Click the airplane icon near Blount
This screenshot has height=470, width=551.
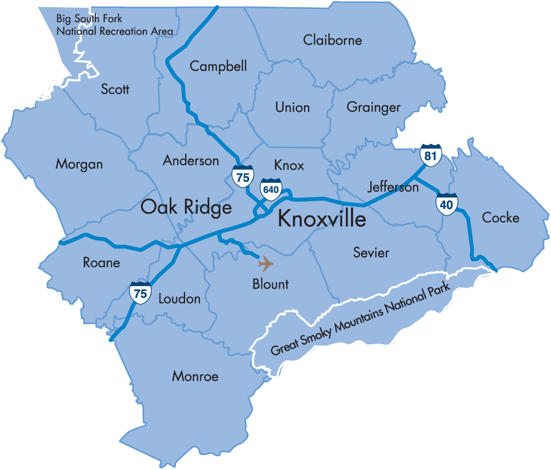click(266, 264)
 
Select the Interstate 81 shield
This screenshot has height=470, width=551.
click(430, 155)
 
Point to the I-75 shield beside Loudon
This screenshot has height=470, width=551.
click(141, 293)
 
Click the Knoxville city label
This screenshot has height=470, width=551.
click(322, 219)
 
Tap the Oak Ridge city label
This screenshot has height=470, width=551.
click(186, 207)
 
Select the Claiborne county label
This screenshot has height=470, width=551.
click(332, 40)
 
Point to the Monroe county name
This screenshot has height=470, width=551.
click(195, 376)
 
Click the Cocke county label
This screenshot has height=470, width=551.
click(500, 218)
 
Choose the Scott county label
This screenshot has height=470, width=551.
click(115, 89)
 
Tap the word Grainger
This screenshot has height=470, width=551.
click(374, 107)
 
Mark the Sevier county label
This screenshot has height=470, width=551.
click(371, 253)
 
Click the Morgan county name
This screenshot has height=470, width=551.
click(79, 164)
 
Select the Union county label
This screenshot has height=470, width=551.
click(293, 107)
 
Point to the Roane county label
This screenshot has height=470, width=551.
click(101, 262)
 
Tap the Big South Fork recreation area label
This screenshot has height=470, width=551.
click(115, 25)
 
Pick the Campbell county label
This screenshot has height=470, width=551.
click(218, 66)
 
